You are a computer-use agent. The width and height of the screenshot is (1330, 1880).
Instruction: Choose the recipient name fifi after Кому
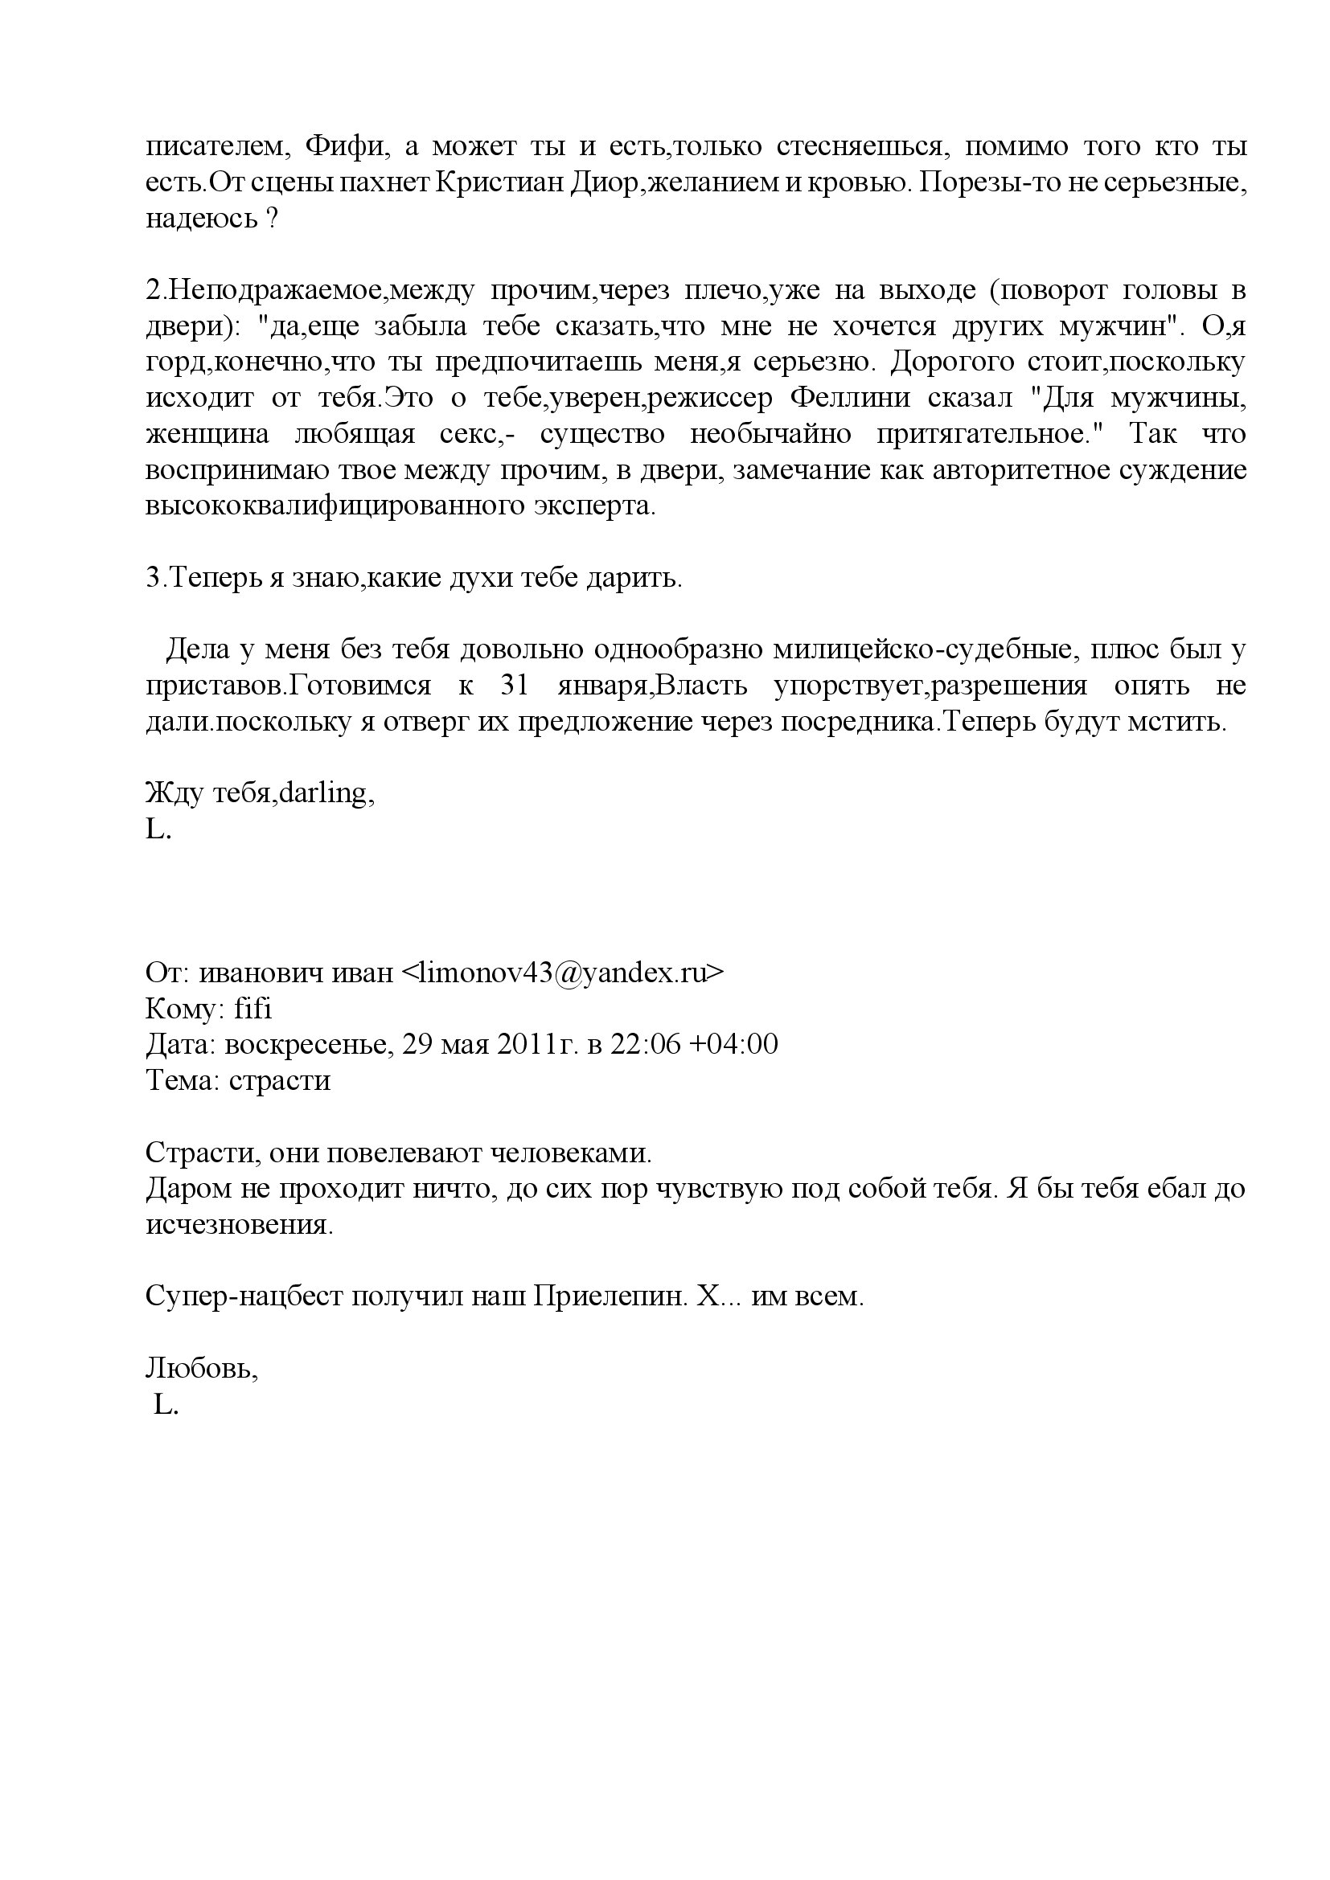(252, 1009)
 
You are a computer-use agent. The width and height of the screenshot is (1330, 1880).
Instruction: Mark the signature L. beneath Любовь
(165, 1406)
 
